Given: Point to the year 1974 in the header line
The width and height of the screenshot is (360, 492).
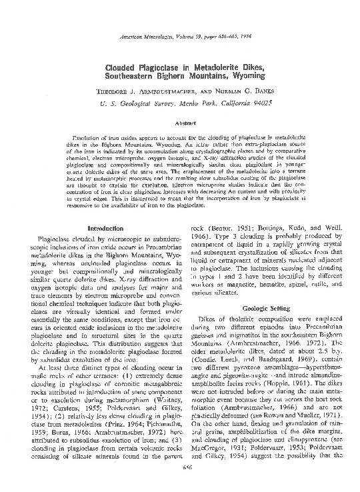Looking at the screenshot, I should (239, 39).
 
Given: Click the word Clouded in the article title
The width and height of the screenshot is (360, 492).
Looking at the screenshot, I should (123, 68).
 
